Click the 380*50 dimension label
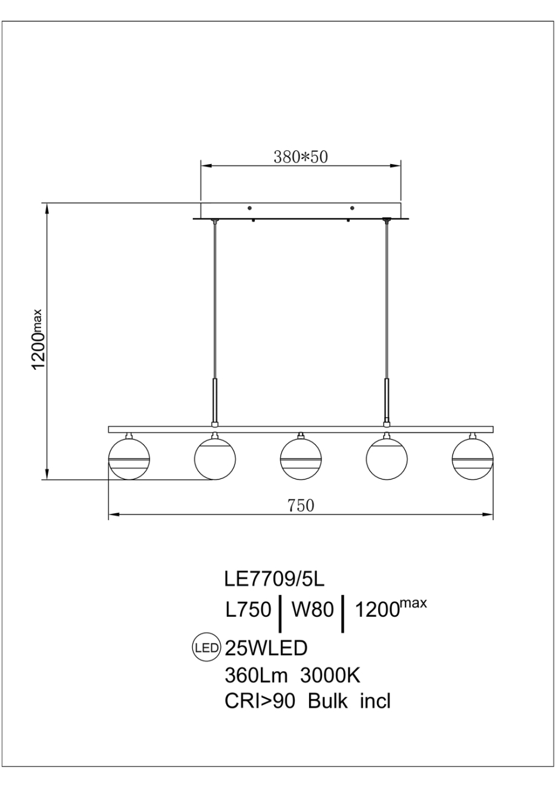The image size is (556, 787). (301, 157)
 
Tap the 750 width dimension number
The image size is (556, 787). (301, 505)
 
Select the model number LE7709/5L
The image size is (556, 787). (275, 580)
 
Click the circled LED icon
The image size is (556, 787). (206, 648)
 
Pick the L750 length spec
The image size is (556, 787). (248, 611)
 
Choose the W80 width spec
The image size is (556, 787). (313, 611)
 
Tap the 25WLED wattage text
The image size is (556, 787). (266, 648)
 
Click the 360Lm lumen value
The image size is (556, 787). (257, 675)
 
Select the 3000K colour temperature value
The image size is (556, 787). (331, 675)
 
